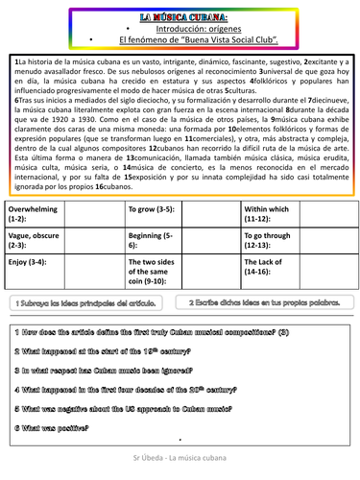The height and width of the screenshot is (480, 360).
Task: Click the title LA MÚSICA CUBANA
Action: coord(180,17)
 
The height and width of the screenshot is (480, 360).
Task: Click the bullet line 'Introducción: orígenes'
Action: coord(180,30)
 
